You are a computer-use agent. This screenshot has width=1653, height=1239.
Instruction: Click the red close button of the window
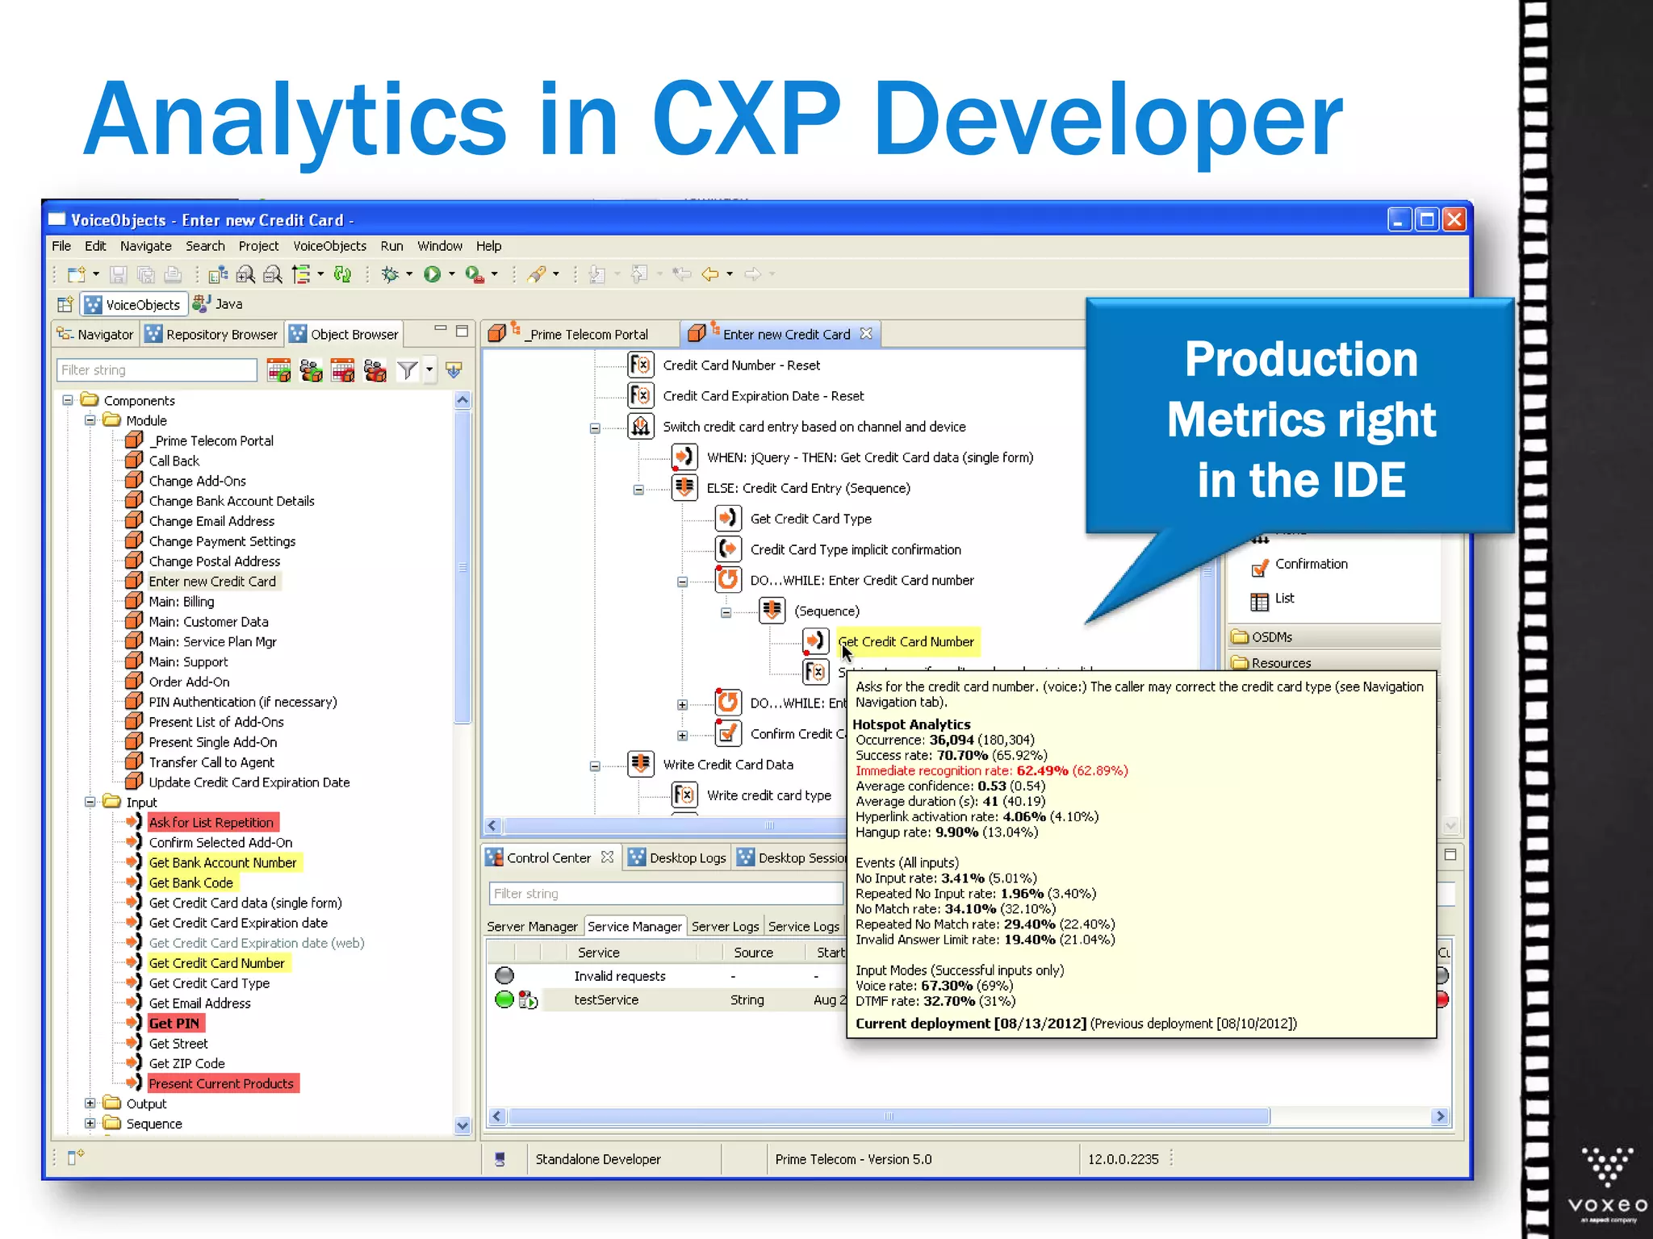[1454, 219]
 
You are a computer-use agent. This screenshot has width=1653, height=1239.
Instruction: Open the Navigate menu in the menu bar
[145, 246]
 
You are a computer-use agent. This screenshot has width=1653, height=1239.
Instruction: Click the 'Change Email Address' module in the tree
[211, 521]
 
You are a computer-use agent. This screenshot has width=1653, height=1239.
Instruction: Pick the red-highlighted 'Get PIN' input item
[174, 1023]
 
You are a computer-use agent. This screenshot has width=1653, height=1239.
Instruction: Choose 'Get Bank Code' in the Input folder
[190, 882]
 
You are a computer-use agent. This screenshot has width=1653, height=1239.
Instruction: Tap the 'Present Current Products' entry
[221, 1083]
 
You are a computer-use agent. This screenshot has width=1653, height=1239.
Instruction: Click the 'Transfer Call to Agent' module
[211, 762]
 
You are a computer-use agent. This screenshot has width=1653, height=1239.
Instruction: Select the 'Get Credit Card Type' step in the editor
[810, 519]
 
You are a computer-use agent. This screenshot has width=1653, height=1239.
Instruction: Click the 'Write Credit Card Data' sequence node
[727, 764]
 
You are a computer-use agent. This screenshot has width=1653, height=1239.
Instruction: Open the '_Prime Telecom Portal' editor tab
[588, 334]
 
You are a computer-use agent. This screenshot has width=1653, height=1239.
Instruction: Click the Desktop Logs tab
[687, 857]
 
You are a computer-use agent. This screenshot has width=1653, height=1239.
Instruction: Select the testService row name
[606, 999]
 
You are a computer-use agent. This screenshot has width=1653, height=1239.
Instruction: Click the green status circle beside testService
[504, 999]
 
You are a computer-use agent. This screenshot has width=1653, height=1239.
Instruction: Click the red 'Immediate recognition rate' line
[991, 770]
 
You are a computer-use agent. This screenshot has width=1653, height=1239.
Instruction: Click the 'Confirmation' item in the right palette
[1311, 564]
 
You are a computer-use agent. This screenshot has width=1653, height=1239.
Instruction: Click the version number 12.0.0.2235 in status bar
[1123, 1159]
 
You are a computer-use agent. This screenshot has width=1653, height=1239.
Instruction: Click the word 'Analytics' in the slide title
[295, 119]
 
